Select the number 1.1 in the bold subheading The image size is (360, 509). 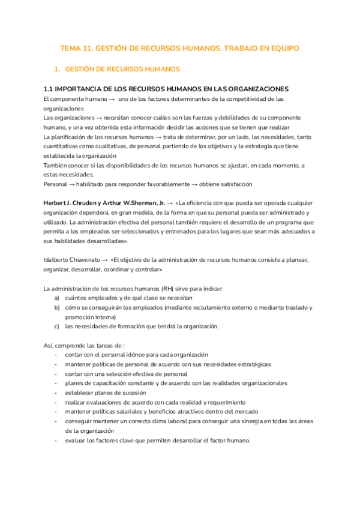(50, 89)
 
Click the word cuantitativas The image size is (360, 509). (63, 146)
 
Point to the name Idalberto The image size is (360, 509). (59, 260)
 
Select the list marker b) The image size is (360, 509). (56, 307)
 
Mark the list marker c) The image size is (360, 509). (56, 327)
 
